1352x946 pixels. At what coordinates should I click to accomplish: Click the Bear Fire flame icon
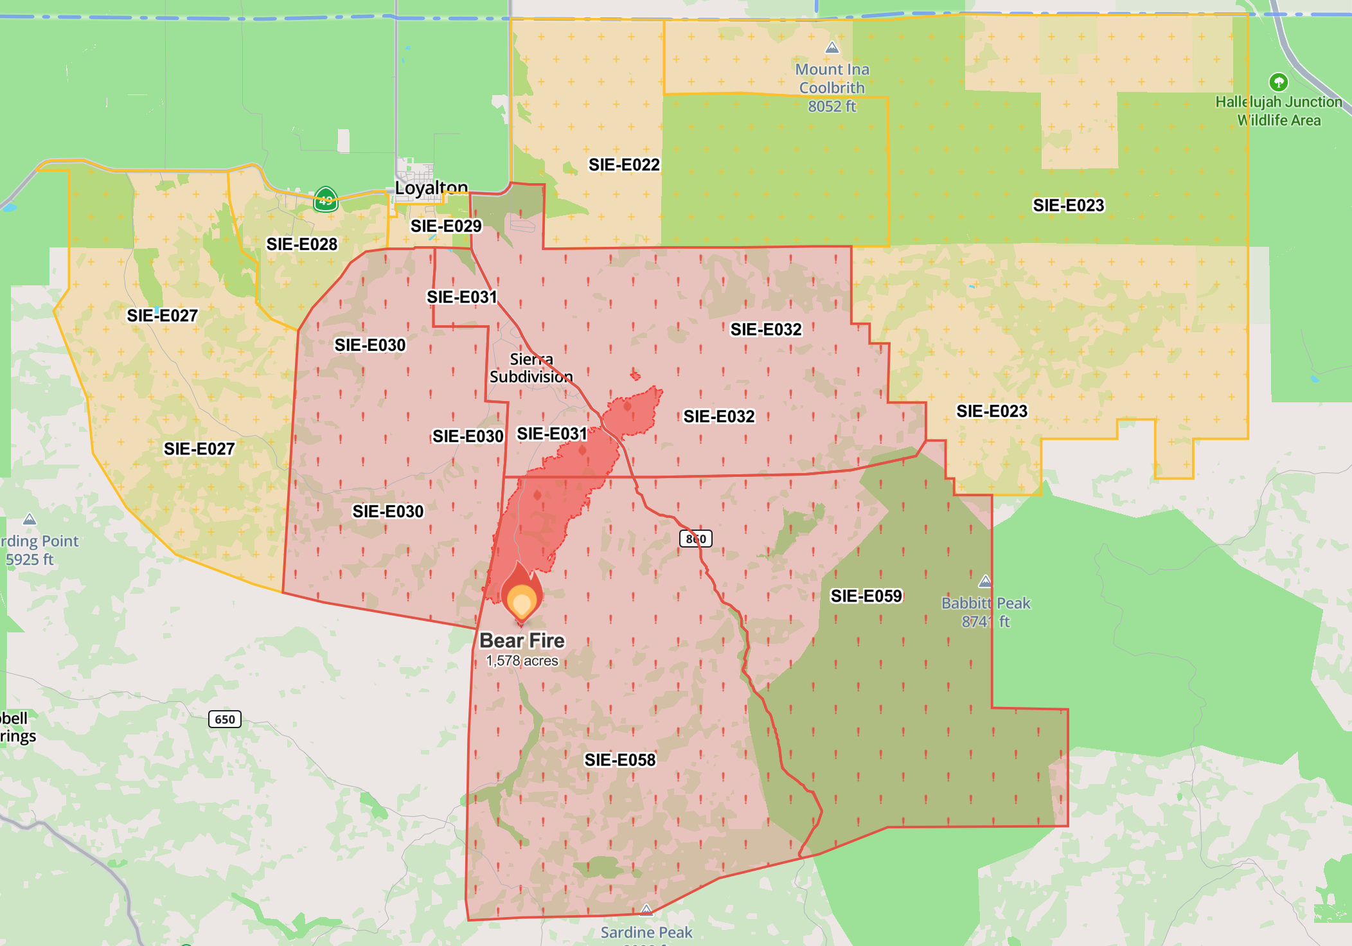point(521,594)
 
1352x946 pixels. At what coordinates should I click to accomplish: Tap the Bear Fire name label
point(522,641)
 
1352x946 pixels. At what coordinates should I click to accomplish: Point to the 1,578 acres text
point(522,661)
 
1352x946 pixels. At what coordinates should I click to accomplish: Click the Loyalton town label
point(431,188)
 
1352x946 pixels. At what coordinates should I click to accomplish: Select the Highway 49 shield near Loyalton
point(326,200)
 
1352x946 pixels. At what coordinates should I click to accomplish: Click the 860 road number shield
point(696,539)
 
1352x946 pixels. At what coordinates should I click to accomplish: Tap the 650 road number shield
point(225,719)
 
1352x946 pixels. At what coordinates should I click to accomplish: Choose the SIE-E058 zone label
point(619,760)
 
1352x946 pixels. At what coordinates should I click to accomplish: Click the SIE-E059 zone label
point(866,596)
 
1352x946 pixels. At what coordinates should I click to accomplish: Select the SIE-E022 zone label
point(624,165)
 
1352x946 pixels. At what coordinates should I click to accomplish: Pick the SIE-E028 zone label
point(301,244)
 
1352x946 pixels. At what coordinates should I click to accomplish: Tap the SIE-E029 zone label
point(446,226)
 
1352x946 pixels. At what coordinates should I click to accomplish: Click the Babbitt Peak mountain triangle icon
point(984,582)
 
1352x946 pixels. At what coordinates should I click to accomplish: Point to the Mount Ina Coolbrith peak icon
point(832,48)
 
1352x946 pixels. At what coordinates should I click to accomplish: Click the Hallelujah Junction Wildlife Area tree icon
point(1278,82)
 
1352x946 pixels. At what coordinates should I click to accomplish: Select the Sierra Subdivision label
point(531,368)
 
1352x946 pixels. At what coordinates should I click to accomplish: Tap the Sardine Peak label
point(646,932)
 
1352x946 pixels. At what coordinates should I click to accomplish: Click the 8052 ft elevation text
point(832,107)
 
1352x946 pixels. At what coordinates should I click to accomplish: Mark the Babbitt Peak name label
point(986,603)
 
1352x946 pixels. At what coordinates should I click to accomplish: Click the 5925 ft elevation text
point(30,560)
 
